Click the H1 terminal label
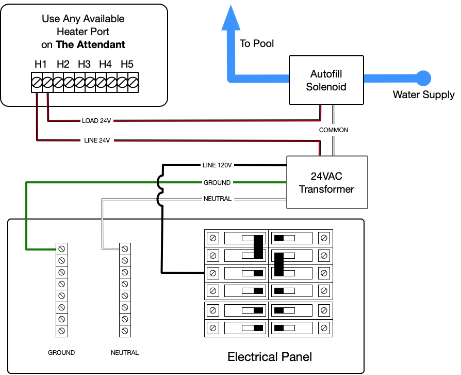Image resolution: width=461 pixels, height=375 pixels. [x=41, y=64]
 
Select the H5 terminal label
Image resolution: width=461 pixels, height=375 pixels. [x=127, y=64]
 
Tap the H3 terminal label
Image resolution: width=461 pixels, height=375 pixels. [x=84, y=64]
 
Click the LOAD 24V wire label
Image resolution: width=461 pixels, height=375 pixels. [x=96, y=121]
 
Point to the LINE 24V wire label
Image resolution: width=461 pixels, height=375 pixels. [x=97, y=140]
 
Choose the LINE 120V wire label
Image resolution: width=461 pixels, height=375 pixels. [x=218, y=165]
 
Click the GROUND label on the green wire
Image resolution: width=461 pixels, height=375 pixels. [x=217, y=182]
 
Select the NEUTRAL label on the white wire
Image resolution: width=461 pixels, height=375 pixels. [x=218, y=198]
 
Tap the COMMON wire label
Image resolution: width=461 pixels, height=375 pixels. [x=334, y=130]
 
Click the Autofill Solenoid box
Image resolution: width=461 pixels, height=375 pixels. [x=326, y=81]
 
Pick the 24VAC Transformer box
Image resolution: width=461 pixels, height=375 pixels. [x=326, y=182]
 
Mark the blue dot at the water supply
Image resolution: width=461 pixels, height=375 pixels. [x=423, y=78]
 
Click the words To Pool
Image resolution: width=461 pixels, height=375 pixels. [x=257, y=43]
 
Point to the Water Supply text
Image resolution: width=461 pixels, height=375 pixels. [x=423, y=95]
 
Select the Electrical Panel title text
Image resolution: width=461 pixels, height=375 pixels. [x=270, y=357]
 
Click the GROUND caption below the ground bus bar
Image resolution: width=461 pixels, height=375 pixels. [x=61, y=353]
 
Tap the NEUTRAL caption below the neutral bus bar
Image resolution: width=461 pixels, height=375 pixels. [x=125, y=353]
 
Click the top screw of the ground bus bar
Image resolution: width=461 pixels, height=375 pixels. [x=61, y=248]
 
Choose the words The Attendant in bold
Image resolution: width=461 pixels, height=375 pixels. [x=90, y=44]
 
